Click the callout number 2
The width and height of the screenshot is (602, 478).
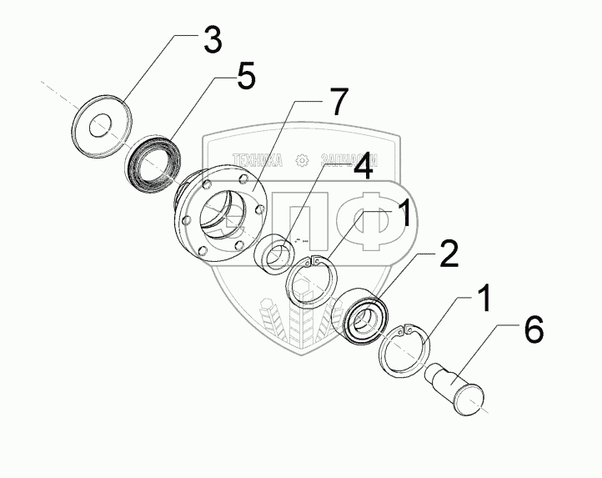pyautogui.click(x=449, y=254)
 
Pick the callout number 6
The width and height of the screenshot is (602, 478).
pyautogui.click(x=532, y=330)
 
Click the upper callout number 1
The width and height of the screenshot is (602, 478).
pyautogui.click(x=401, y=216)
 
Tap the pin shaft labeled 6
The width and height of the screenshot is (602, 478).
pyautogui.click(x=459, y=388)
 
